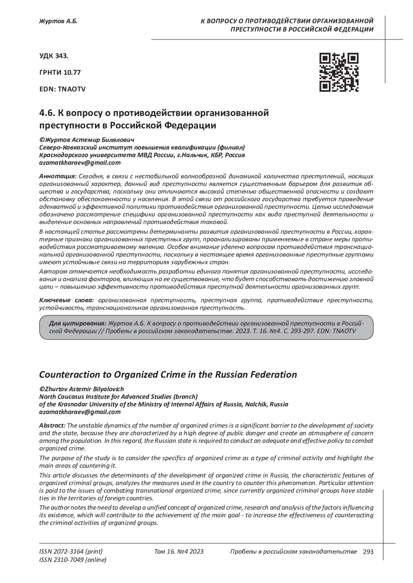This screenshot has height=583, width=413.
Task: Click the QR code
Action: point(339,72)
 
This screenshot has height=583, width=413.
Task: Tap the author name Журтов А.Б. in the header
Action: point(59,22)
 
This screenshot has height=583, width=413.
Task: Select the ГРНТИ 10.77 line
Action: point(60,72)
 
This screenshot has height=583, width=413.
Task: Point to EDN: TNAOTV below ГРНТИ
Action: point(63,89)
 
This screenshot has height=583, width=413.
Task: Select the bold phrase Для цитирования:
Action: point(77,323)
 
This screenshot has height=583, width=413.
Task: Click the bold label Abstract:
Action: point(52,426)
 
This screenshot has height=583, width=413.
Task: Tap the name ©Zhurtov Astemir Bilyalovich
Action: point(82,389)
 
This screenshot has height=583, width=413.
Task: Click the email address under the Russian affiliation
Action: point(80,162)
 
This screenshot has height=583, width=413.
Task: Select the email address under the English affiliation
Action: point(80,412)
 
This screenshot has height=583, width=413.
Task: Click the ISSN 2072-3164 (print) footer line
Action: point(71,551)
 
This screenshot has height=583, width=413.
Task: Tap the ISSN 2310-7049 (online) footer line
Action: point(73,560)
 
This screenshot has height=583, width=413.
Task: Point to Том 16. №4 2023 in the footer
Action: point(179,551)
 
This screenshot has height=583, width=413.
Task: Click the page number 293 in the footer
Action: point(368,552)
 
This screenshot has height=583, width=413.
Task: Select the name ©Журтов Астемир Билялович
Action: point(87,140)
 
